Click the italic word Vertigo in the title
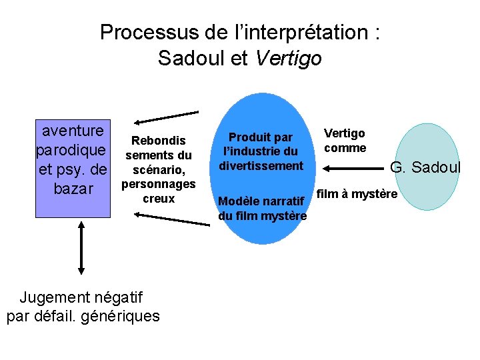[288, 59]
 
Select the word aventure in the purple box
[73, 130]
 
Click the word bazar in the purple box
[73, 189]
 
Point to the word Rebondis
[158, 141]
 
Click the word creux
[158, 199]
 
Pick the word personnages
[158, 184]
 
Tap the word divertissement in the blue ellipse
[261, 166]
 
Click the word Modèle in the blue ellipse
[239, 201]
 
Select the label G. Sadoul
[425, 167]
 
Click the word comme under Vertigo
[345, 148]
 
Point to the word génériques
[120, 315]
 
